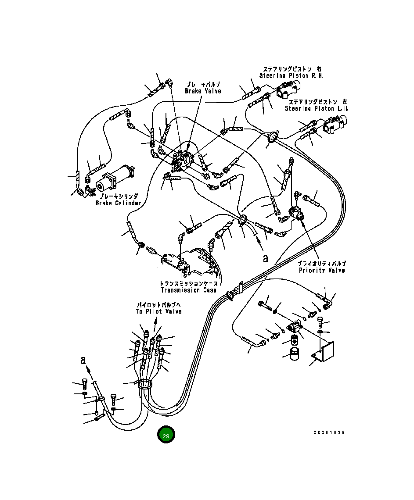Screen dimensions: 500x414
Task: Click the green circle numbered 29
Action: click(166, 435)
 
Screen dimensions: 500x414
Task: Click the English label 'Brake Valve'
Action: click(202, 91)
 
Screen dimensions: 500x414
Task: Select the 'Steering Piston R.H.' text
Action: click(291, 75)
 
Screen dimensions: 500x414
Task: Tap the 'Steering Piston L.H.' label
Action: click(317, 108)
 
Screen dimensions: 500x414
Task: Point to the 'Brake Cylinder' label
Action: click(118, 203)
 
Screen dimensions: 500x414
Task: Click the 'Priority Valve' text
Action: click(322, 270)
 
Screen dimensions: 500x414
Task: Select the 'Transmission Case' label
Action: click(189, 290)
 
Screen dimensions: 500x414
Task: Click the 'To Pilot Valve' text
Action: click(158, 311)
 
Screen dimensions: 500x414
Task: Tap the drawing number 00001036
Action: click(329, 432)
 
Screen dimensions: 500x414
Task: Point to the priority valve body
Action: click(295, 214)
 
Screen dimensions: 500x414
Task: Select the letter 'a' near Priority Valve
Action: click(266, 259)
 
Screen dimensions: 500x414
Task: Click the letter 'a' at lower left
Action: click(83, 361)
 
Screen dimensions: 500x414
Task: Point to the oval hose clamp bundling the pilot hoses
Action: click(145, 385)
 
